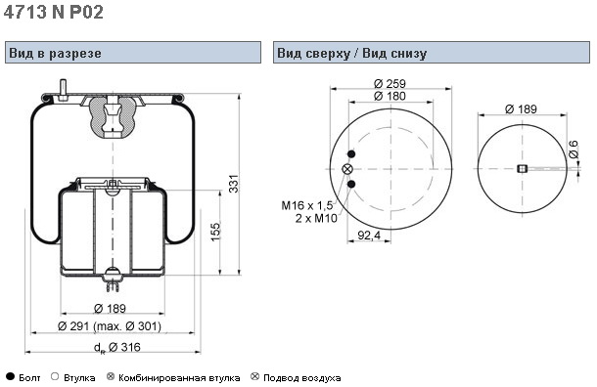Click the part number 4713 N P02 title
[53, 12]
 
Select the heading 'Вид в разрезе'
[55, 53]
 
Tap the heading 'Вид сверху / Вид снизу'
[351, 53]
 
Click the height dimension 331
[234, 183]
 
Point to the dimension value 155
[215, 232]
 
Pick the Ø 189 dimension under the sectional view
[110, 308]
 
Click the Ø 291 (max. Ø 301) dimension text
[110, 326]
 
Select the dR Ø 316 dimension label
[116, 347]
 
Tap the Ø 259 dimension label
[390, 83]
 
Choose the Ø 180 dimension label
[390, 96]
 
